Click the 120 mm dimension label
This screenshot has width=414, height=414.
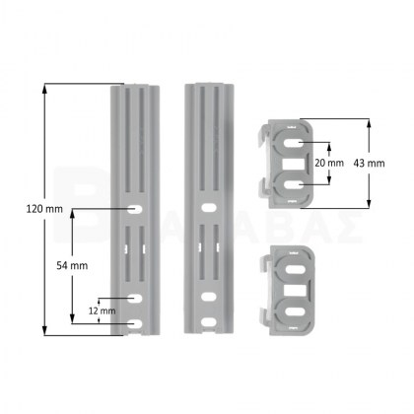44,209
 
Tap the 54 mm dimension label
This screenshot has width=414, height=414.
72,265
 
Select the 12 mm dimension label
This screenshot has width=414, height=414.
102,310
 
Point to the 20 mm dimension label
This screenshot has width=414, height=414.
329,163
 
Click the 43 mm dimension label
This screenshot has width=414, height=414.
369,163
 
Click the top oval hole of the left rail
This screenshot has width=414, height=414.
135,209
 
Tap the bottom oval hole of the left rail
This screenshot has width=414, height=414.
135,324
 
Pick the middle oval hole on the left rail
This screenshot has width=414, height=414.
135,299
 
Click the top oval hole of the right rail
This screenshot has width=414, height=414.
208,208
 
